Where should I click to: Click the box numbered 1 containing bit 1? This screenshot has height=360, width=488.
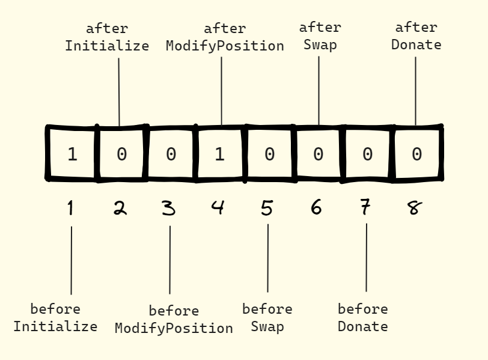pyautogui.click(x=72, y=154)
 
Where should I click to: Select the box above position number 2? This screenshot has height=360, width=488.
pyautogui.click(x=121, y=154)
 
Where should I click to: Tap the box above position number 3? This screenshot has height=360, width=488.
pyautogui.click(x=171, y=154)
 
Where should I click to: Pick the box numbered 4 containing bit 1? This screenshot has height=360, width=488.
pyautogui.click(x=220, y=154)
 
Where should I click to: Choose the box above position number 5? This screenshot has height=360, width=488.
pyautogui.click(x=269, y=154)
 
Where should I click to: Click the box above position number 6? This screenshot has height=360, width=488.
pyautogui.click(x=318, y=154)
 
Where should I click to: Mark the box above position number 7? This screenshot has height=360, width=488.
pyautogui.click(x=367, y=154)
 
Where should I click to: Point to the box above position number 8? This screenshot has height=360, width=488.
pyautogui.click(x=416, y=154)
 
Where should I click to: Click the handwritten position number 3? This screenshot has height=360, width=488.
pyautogui.click(x=169, y=208)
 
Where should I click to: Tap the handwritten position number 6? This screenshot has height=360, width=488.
pyautogui.click(x=316, y=208)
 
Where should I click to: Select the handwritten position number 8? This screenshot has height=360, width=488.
pyautogui.click(x=415, y=208)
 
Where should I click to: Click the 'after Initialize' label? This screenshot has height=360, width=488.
pyautogui.click(x=107, y=37)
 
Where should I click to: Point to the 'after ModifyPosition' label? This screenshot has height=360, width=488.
pyautogui.click(x=225, y=37)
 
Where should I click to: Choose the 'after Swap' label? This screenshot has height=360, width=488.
pyautogui.click(x=320, y=36)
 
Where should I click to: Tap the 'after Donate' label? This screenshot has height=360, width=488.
pyautogui.click(x=416, y=36)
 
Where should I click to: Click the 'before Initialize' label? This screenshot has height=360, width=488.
pyautogui.click(x=55, y=318)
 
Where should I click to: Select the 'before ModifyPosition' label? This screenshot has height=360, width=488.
pyautogui.click(x=174, y=320)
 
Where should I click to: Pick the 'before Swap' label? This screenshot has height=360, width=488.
pyautogui.click(x=267, y=318)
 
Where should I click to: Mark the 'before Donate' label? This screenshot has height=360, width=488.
pyautogui.click(x=363, y=318)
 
